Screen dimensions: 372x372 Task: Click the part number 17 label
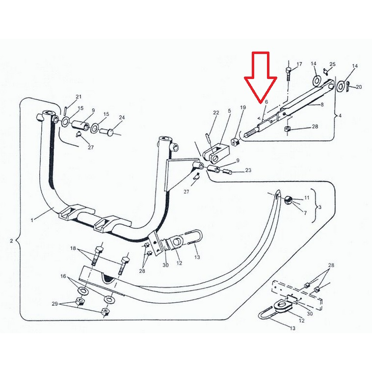299,64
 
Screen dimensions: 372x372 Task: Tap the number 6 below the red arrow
266,102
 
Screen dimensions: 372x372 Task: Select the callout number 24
122,117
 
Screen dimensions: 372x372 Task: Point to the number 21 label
79,97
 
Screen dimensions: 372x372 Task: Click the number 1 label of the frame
32,220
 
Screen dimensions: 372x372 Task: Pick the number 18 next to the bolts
73,248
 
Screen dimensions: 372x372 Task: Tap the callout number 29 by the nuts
55,304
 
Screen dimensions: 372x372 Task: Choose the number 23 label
248,170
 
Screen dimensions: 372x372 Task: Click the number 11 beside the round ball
307,198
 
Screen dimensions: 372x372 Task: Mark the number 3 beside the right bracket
320,207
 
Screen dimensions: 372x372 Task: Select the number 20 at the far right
359,87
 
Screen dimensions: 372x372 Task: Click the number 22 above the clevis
216,112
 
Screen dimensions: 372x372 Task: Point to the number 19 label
243,107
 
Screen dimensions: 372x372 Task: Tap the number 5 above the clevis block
229,110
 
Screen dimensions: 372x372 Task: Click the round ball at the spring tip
288,200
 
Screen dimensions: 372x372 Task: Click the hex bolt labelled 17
289,74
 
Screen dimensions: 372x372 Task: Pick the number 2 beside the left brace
11,241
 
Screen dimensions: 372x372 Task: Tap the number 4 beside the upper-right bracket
340,115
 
